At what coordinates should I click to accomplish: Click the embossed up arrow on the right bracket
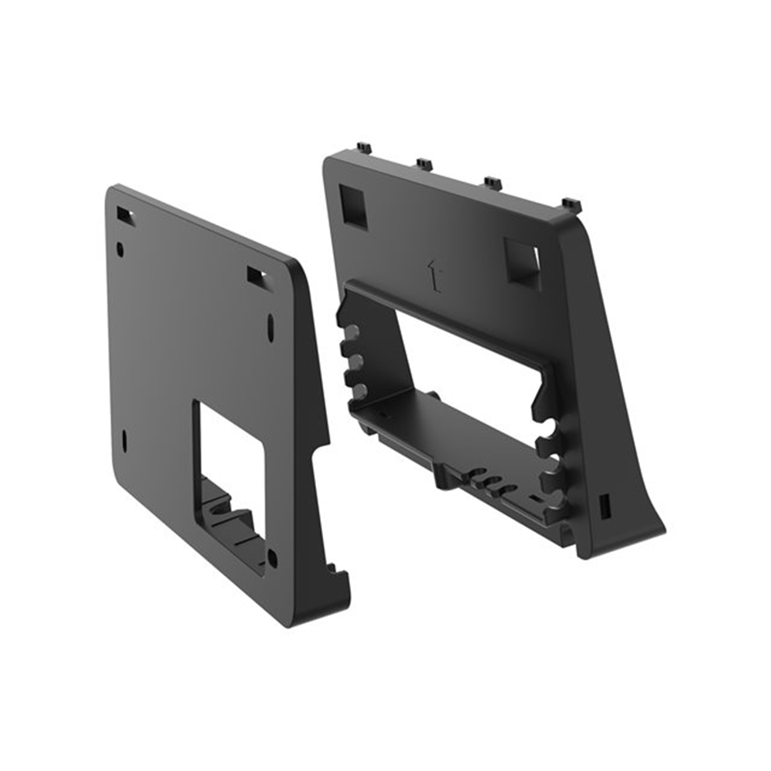pos(434,277)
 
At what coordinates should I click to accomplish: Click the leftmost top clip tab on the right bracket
pos(364,147)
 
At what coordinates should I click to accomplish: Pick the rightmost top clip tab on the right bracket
pos(571,204)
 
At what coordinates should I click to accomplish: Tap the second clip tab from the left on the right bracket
pos(424,164)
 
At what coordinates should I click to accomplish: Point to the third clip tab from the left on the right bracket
pos(493,183)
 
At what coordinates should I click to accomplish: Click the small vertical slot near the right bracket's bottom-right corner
pos(604,506)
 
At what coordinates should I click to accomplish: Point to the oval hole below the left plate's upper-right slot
pos(270,327)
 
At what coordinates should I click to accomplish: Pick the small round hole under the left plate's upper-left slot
pos(120,249)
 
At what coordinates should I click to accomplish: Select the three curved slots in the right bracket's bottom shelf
pos(490,485)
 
